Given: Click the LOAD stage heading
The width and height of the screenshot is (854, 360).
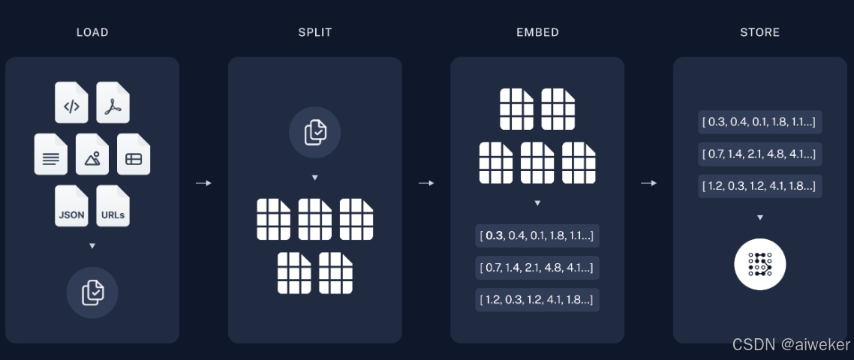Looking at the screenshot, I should (92, 32).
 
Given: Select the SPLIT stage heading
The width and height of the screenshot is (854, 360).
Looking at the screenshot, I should (315, 32).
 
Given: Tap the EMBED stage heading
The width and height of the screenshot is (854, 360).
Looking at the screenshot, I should (537, 32).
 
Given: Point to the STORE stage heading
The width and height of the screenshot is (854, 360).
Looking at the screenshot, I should (759, 32).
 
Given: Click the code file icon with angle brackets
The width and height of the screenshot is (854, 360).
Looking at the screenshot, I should (71, 103).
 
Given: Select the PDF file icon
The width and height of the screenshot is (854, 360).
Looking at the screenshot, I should (113, 103).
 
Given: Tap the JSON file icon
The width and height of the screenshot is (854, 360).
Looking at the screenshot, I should (71, 206).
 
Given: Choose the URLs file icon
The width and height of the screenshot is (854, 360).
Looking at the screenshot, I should (113, 206).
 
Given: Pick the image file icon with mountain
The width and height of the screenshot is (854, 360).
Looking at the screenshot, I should (92, 154).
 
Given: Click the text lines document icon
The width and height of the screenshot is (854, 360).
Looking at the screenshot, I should (51, 154).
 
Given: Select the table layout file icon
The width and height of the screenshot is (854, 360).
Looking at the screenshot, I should (134, 154).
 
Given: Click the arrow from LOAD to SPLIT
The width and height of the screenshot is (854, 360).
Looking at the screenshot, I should (203, 183).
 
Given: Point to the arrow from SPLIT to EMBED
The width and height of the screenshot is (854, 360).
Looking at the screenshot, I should (426, 183).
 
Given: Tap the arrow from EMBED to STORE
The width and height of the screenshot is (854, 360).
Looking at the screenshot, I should (648, 183).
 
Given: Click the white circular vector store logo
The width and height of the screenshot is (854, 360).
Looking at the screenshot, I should (759, 264).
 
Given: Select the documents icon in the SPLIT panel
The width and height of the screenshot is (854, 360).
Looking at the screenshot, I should (315, 132).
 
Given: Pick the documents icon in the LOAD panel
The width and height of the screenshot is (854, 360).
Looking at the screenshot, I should (92, 292).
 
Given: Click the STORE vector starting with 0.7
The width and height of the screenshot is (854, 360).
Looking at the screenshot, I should (759, 154).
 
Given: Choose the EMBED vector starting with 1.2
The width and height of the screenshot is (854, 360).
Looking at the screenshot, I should (537, 299).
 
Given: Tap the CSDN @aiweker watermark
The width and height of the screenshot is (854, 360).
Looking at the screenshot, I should (791, 345).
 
